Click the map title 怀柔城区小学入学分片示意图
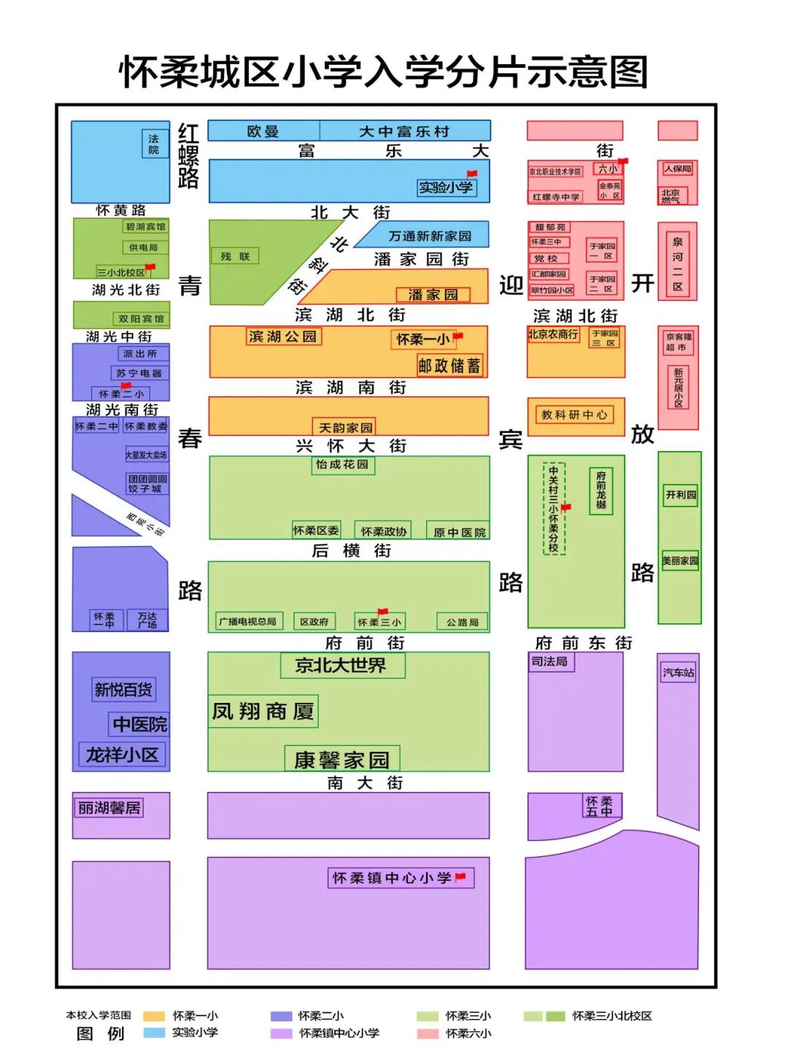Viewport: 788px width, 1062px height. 384,72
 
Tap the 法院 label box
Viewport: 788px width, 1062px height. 153,144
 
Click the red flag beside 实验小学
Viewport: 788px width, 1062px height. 471,174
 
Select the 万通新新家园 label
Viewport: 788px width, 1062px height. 430,236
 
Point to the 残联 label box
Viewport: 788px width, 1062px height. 235,256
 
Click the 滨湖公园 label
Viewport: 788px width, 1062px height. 283,336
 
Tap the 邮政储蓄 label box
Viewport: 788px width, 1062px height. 449,366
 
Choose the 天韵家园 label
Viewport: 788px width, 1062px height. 346,427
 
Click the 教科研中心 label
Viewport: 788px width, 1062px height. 573,415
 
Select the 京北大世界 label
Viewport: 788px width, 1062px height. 341,665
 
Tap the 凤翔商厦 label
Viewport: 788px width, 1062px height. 263,711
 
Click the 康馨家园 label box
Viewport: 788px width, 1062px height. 341,760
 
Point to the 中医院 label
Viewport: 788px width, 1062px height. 139,724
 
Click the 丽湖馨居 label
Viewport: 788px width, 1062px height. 109,808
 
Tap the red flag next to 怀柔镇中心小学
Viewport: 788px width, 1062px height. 460,877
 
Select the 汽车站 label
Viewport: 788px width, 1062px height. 678,672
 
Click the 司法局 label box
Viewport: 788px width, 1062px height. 550,661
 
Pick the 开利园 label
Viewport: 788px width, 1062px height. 680,495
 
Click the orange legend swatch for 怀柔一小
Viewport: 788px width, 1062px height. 154,1016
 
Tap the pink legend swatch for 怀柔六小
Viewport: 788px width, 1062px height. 427,1034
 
